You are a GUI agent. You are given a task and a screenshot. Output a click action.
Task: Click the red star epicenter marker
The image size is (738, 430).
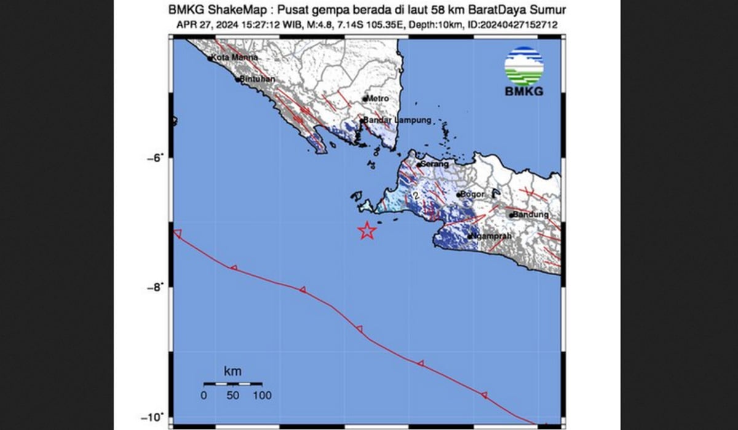[x=367, y=231]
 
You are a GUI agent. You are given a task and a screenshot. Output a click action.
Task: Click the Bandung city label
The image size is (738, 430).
[x=531, y=215]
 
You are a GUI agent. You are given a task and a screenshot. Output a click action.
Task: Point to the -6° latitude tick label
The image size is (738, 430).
[x=154, y=157]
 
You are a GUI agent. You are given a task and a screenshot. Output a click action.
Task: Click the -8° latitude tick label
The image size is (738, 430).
[x=154, y=287]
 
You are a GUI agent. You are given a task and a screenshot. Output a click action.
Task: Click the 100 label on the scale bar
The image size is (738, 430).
[x=262, y=396]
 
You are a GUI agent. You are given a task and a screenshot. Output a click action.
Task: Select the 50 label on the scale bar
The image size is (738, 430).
[x=232, y=396]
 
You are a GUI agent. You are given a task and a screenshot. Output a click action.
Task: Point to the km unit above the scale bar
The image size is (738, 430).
[x=232, y=371]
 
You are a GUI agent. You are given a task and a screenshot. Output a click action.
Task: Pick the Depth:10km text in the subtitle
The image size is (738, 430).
[x=453, y=25]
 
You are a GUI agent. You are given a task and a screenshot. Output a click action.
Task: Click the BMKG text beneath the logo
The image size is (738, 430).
[x=524, y=92]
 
